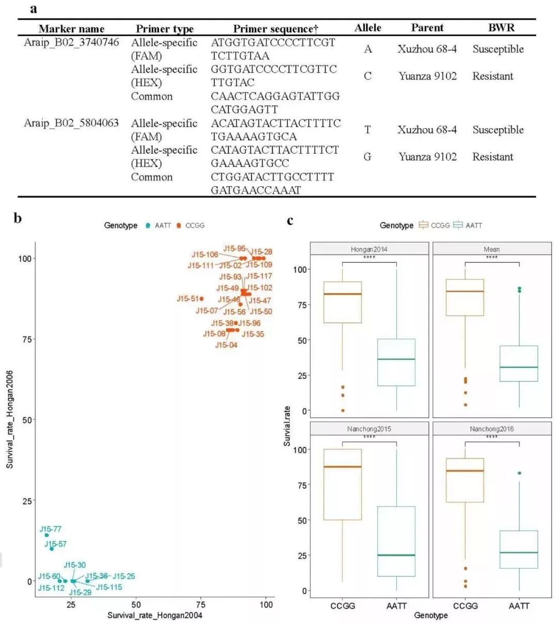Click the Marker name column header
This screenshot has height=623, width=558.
[71, 29]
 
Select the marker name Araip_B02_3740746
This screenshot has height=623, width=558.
[71, 42]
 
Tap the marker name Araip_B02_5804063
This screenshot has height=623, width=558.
[71, 123]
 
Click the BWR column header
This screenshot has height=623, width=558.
[501, 28]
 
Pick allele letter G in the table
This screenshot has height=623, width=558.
[367, 157]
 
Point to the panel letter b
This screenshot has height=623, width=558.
[18, 219]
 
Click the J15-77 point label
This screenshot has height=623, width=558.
[51, 529]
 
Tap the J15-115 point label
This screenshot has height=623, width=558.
[109, 587]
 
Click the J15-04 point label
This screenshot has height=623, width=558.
[226, 345]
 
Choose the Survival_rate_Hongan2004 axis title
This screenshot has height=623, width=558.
[154, 615]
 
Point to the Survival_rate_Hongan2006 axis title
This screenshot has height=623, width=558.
[10, 419]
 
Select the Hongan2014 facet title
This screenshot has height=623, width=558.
[369, 249]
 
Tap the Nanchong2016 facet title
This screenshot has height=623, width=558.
[491, 429]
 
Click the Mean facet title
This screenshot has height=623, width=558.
[491, 249]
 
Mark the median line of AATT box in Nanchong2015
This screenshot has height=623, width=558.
[396, 555]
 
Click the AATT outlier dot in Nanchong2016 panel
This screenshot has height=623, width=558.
[519, 473]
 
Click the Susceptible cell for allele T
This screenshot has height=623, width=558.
[498, 130]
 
